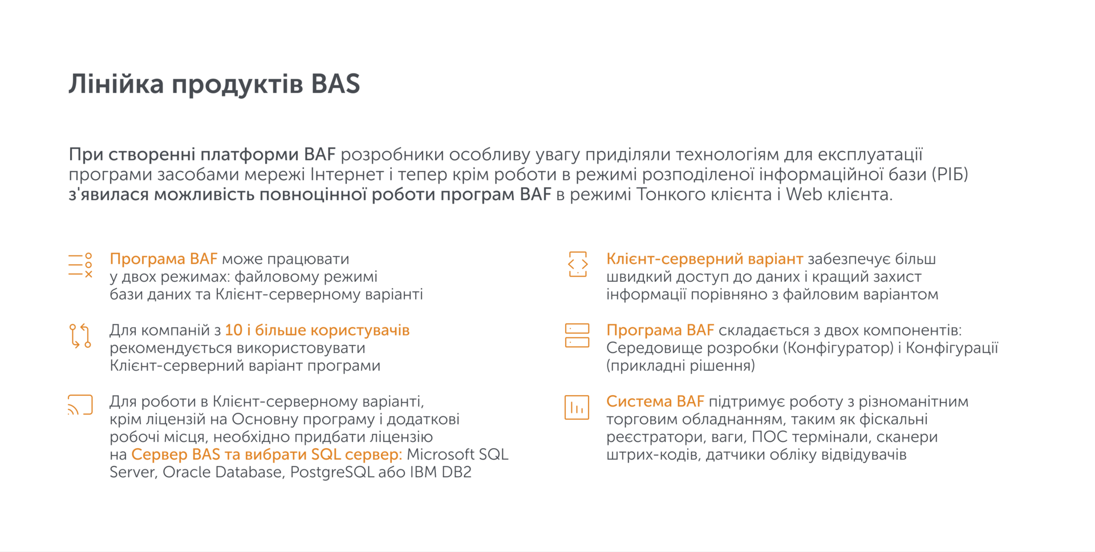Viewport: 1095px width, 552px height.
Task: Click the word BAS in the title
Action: click(335, 84)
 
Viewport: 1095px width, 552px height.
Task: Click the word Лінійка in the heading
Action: click(116, 84)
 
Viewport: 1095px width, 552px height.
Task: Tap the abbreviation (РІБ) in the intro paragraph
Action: click(950, 174)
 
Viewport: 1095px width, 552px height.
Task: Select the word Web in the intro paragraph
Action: click(804, 194)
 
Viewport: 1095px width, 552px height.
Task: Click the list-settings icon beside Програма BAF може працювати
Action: click(80, 266)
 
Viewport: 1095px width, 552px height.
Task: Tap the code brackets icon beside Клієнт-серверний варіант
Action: click(577, 265)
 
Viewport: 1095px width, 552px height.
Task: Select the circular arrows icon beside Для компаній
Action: click(80, 336)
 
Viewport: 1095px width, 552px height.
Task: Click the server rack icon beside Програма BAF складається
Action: click(577, 336)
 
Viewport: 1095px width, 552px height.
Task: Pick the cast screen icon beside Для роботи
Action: click(80, 405)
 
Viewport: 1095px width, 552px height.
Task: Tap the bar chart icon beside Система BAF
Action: click(577, 407)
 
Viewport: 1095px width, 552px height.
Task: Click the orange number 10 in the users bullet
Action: click(233, 330)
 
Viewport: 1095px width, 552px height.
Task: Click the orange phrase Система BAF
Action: click(655, 401)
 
